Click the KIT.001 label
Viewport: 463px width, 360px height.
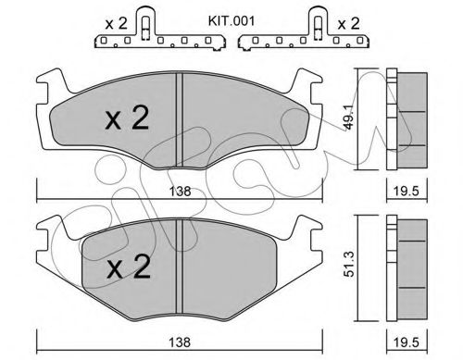[209, 18]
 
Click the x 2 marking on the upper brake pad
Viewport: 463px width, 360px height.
[126, 118]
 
